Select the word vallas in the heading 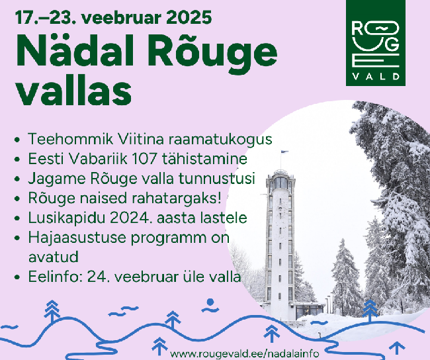click(74, 90)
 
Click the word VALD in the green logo click(376, 76)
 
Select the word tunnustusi click(217, 179)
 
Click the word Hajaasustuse click(77, 238)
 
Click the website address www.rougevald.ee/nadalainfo click(245, 353)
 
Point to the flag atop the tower click(284, 152)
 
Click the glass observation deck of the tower click(280, 183)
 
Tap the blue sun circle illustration click(210, 302)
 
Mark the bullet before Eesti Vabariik click(17, 159)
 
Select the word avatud click(54, 257)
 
